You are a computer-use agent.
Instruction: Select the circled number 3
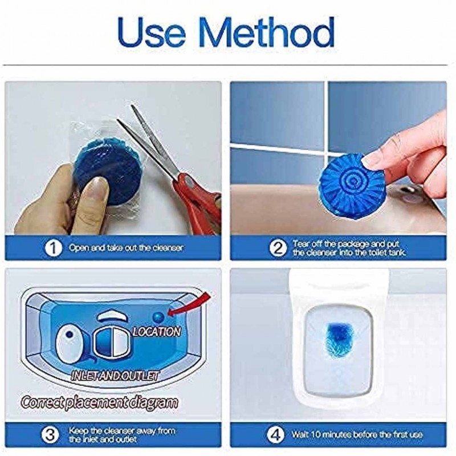[52, 434]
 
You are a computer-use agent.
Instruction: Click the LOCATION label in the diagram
[156, 331]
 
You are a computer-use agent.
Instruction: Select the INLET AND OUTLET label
[114, 376]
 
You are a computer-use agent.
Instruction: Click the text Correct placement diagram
[100, 402]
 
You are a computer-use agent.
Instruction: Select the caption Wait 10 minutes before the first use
[357, 434]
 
